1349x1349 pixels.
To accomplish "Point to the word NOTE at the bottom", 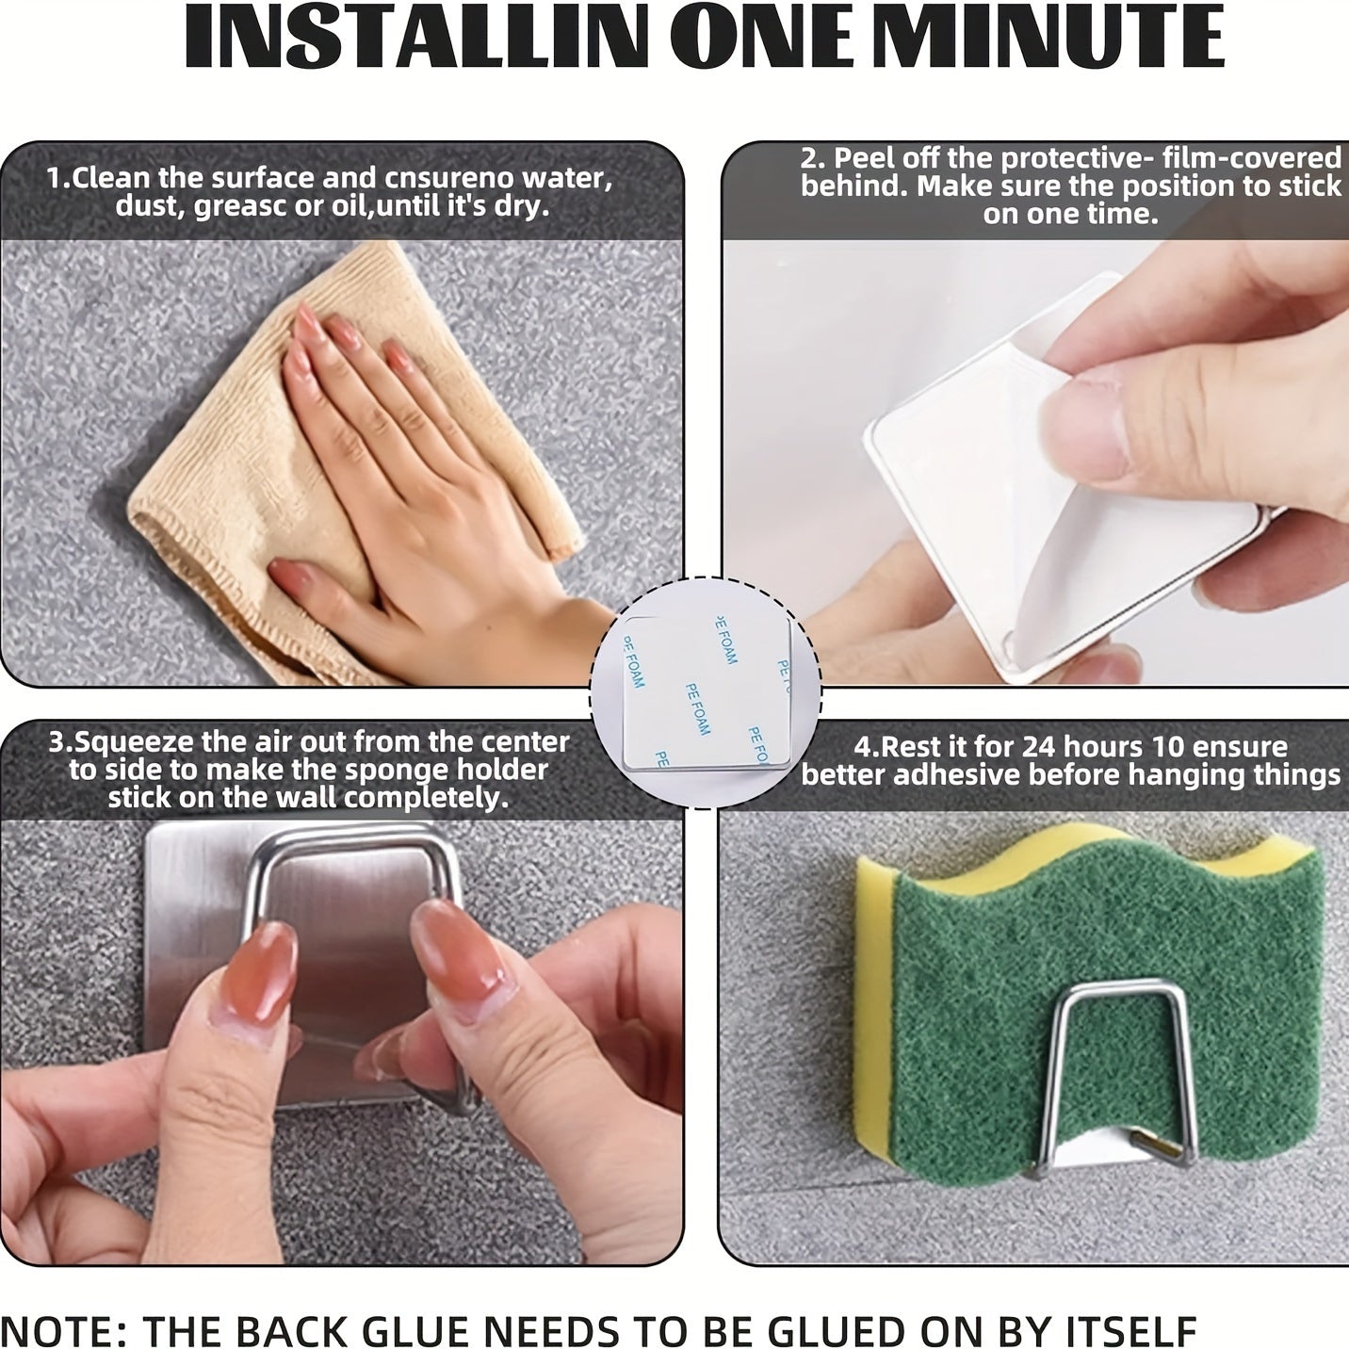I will click(x=58, y=1331).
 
